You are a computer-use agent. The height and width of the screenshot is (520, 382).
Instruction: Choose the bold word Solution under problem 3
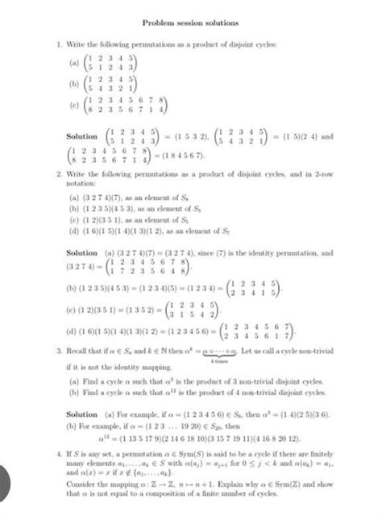pos(81,416)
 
